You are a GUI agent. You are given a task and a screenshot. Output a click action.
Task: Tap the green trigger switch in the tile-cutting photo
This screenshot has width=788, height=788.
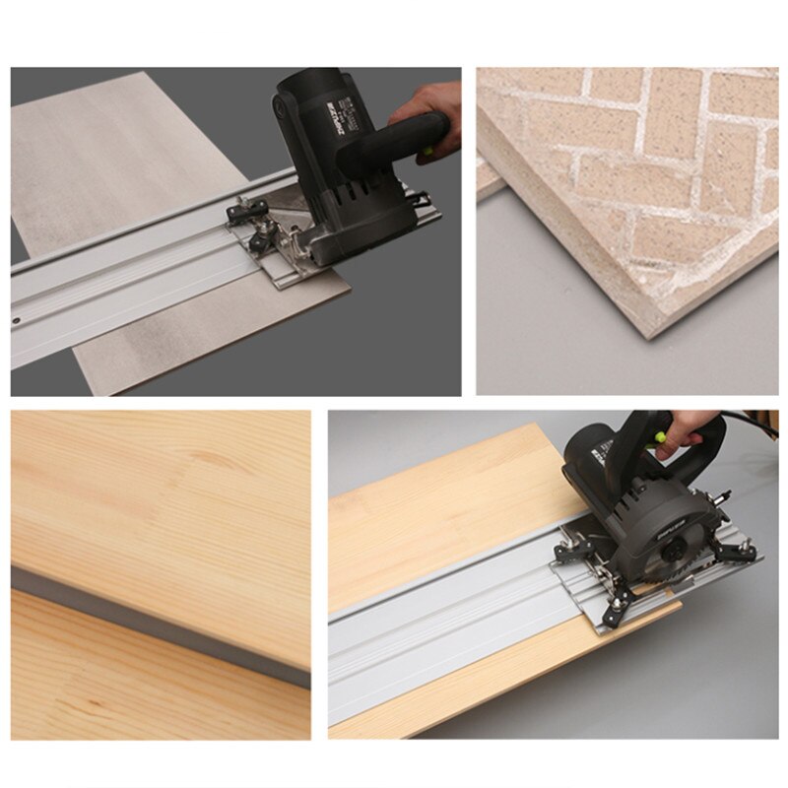(x=427, y=151)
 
